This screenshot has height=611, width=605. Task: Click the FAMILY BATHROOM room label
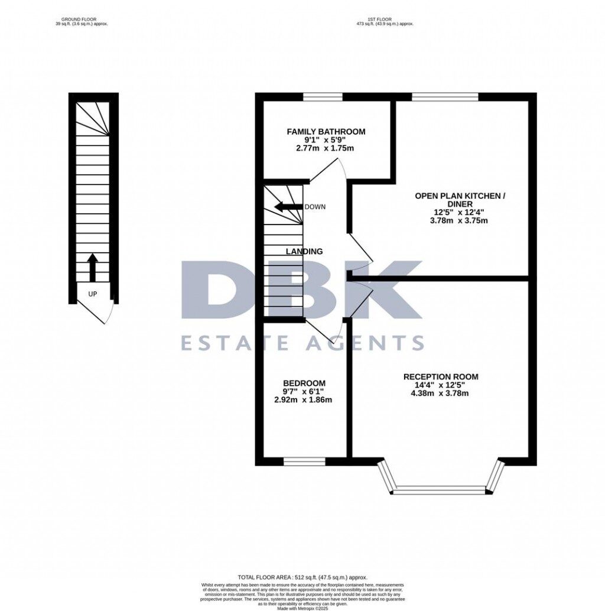(326, 131)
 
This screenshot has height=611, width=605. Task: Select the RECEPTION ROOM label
(441, 376)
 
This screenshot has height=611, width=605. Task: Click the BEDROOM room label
(304, 383)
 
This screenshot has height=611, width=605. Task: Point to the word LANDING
(304, 251)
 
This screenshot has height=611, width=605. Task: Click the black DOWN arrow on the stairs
(288, 207)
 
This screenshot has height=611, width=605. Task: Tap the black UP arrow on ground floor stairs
(92, 268)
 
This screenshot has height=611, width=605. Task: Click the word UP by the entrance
(93, 294)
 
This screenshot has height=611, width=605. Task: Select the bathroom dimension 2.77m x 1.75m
(326, 148)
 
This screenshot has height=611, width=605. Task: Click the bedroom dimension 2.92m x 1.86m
(304, 399)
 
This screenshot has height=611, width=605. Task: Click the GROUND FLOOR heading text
(80, 19)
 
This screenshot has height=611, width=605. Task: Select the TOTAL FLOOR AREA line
(302, 577)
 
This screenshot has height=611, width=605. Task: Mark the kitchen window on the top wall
(444, 97)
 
